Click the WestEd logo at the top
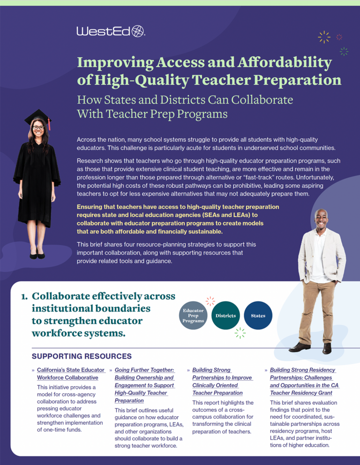coord(111,31)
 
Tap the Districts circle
coord(225,315)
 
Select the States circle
coord(258,315)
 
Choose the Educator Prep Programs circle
coord(193,315)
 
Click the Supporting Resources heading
coord(82,357)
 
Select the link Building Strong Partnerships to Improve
coord(222,377)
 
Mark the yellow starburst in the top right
coord(324,37)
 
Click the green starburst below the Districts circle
coord(240,333)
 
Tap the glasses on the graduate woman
coord(38,127)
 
